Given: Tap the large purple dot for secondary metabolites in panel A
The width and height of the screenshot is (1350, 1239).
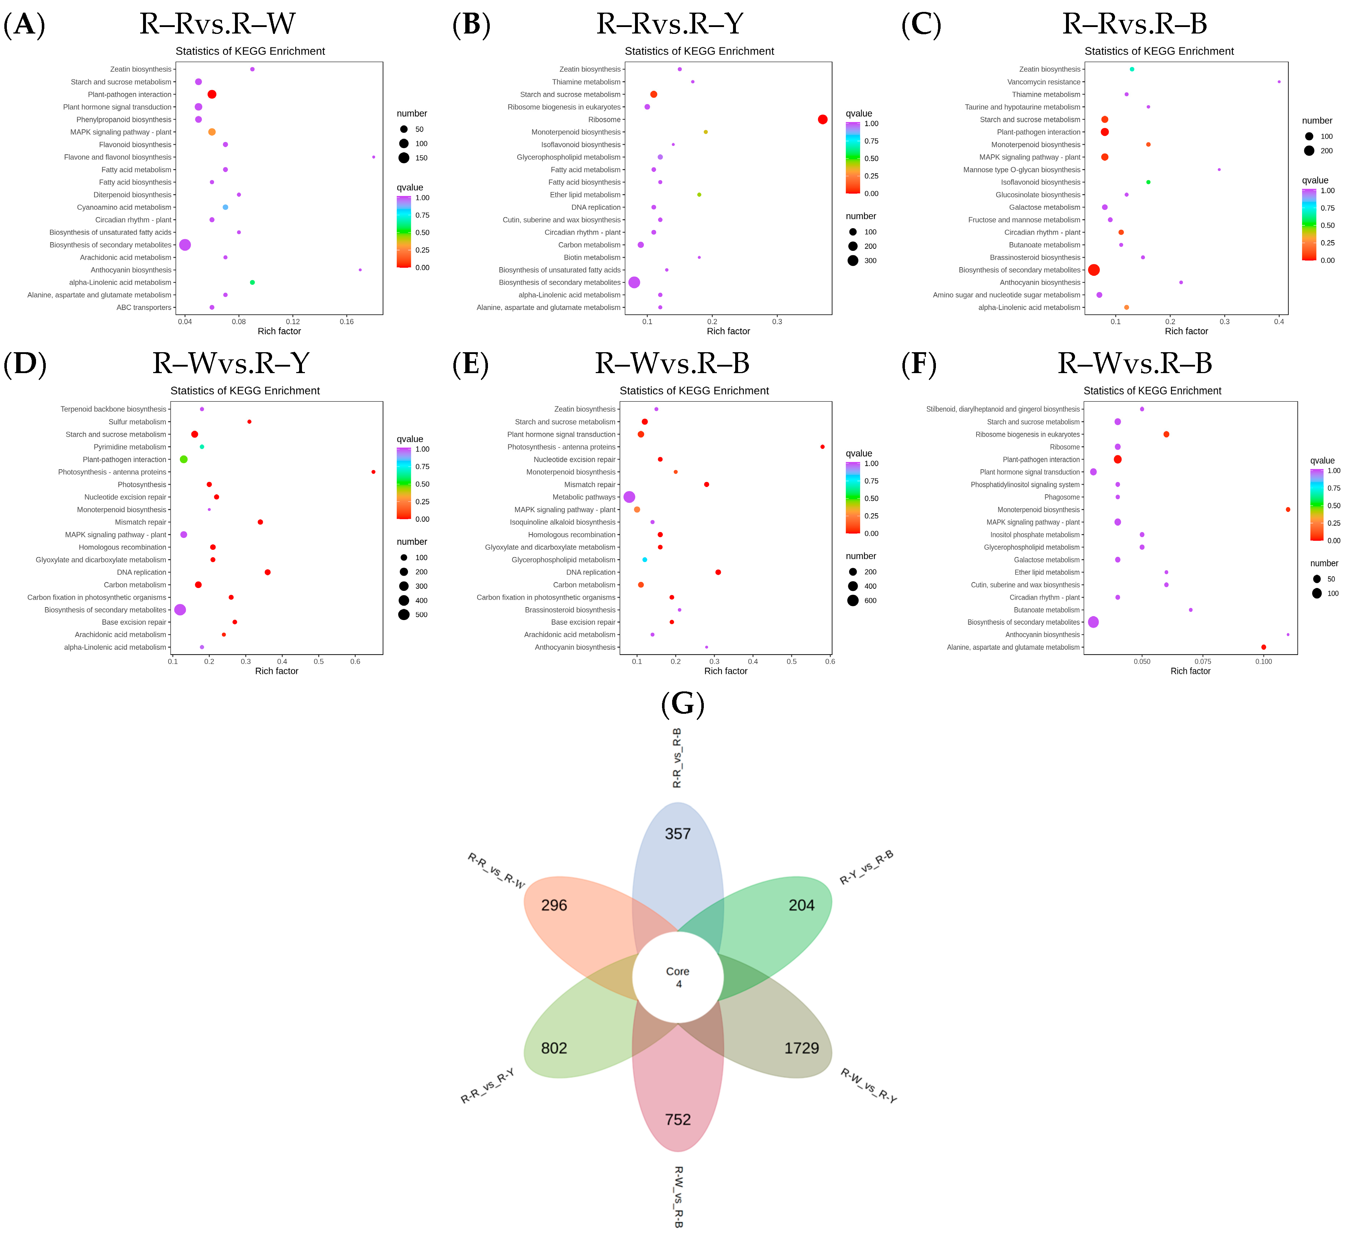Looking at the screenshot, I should pyautogui.click(x=185, y=245).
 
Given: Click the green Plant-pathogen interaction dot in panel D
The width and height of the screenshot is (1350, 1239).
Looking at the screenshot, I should pyautogui.click(x=184, y=459).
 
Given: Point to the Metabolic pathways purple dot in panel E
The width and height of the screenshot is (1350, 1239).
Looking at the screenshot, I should pyautogui.click(x=629, y=497).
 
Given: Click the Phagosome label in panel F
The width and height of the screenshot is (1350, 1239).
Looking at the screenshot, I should pyautogui.click(x=1062, y=497).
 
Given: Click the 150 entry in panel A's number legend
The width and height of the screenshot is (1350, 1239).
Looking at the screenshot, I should pyautogui.click(x=421, y=158).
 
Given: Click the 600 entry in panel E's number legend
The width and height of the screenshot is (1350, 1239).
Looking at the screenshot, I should pyautogui.click(x=870, y=601).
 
